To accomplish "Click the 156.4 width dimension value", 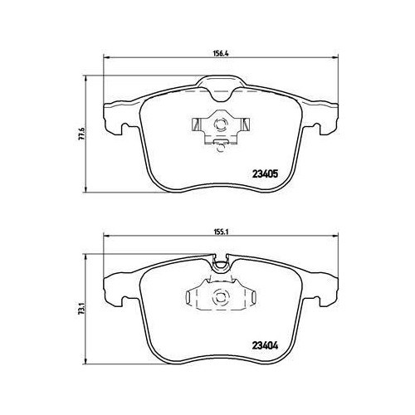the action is coord(220,54).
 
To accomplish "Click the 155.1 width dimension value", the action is coord(220,232).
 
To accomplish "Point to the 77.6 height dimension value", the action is coord(83,134).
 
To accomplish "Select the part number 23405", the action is coord(265,174).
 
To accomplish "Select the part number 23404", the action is coord(265,345).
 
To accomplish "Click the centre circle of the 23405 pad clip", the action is coord(221,124).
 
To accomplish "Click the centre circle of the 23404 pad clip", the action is coord(221,296).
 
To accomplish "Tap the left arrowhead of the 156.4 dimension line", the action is coord(106,57).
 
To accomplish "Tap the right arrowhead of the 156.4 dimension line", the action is coord(334,57).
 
